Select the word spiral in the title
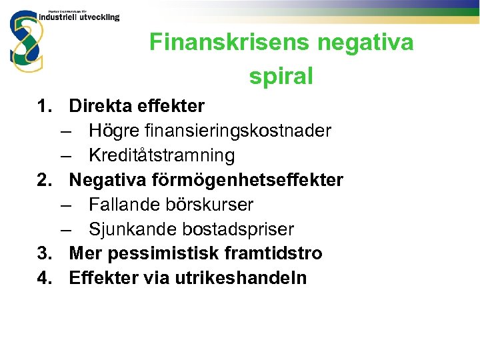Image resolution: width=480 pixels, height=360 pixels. [281, 77]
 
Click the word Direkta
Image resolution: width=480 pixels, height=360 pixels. [101, 106]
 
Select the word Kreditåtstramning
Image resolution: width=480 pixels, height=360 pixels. [161, 156]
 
